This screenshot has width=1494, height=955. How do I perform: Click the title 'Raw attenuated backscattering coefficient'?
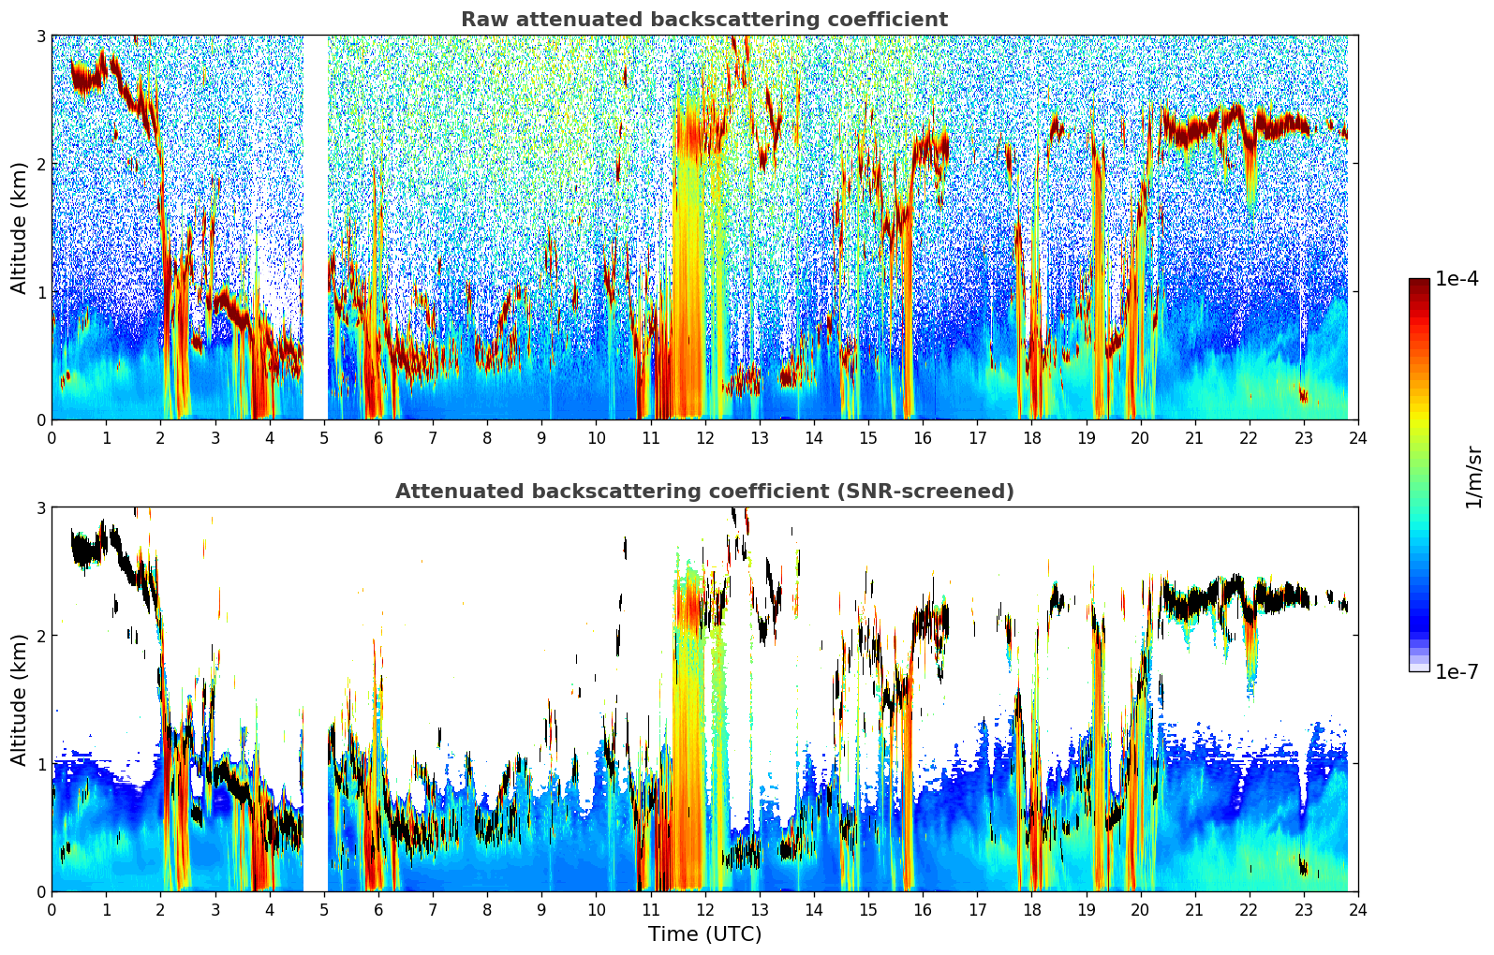(x=703, y=20)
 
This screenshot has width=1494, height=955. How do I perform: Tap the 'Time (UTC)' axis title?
(x=704, y=933)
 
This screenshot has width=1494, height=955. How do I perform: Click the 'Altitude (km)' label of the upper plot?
(x=19, y=228)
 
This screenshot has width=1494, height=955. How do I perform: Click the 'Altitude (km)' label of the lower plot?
(x=19, y=699)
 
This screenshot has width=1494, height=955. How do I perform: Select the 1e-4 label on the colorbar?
(x=1457, y=279)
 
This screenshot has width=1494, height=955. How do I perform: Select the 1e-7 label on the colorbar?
(x=1457, y=671)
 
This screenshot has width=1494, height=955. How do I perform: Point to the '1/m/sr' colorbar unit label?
(x=1473, y=477)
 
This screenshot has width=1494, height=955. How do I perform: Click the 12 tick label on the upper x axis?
(x=704, y=437)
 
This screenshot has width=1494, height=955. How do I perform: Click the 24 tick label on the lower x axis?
(x=1357, y=909)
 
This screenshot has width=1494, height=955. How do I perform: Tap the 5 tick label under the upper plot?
(x=324, y=437)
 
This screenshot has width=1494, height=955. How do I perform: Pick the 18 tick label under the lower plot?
(x=1031, y=909)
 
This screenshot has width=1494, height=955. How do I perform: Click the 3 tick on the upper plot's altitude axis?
(x=41, y=36)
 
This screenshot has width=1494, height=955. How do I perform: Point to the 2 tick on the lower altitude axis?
(x=41, y=636)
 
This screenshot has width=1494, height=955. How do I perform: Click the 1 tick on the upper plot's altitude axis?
(x=41, y=292)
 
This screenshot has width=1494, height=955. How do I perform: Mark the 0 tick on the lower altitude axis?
(x=41, y=892)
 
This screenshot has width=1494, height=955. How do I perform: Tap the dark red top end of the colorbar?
(x=1419, y=283)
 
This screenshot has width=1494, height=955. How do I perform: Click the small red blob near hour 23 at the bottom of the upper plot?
(x=1303, y=394)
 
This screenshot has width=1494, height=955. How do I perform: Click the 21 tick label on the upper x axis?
(x=1194, y=437)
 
